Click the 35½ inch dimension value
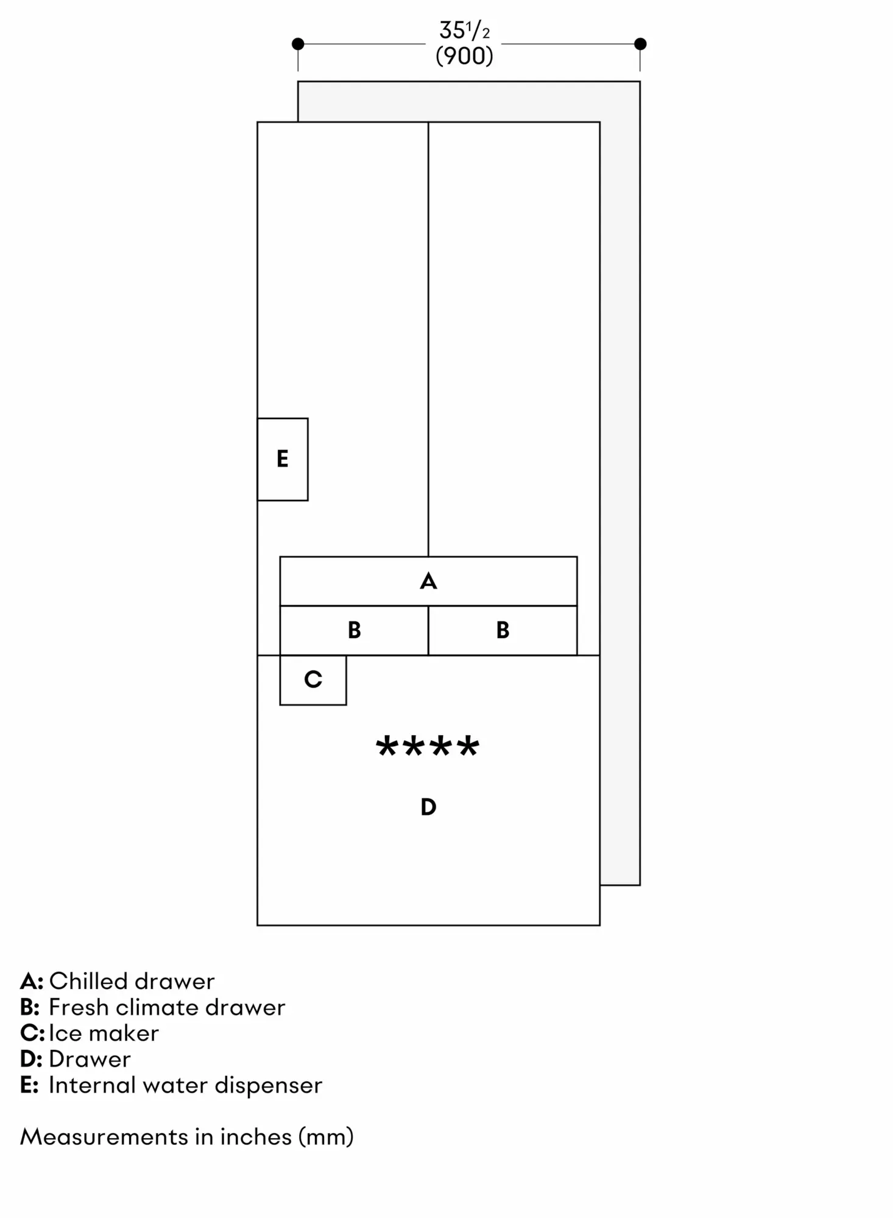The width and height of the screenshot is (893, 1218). click(x=464, y=30)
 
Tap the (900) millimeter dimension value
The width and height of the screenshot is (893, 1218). click(x=464, y=56)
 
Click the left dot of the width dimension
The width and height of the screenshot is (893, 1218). click(x=298, y=44)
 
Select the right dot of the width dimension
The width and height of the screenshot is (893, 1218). click(x=640, y=44)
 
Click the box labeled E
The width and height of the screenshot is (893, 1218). click(x=283, y=459)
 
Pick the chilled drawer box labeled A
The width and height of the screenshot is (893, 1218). click(x=428, y=581)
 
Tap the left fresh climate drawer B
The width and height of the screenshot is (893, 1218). click(x=354, y=630)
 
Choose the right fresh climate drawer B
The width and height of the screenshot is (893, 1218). click(x=503, y=630)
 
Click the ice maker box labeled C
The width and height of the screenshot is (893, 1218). click(x=313, y=680)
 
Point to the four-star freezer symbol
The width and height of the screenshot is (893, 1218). click(x=428, y=746)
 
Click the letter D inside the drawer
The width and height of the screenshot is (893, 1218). click(x=428, y=807)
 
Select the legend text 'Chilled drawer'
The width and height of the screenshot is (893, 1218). click(x=132, y=981)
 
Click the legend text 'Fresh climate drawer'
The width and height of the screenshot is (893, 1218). click(x=167, y=1007)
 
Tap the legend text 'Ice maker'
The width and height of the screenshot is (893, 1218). click(x=104, y=1033)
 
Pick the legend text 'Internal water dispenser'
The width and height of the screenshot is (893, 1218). click(x=186, y=1085)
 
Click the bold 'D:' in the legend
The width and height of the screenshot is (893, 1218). click(x=31, y=1060)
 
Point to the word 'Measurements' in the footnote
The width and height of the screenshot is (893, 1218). click(x=104, y=1137)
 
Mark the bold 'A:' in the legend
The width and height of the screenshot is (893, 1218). click(x=32, y=982)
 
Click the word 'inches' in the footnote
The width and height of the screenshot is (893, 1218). click(x=256, y=1137)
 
